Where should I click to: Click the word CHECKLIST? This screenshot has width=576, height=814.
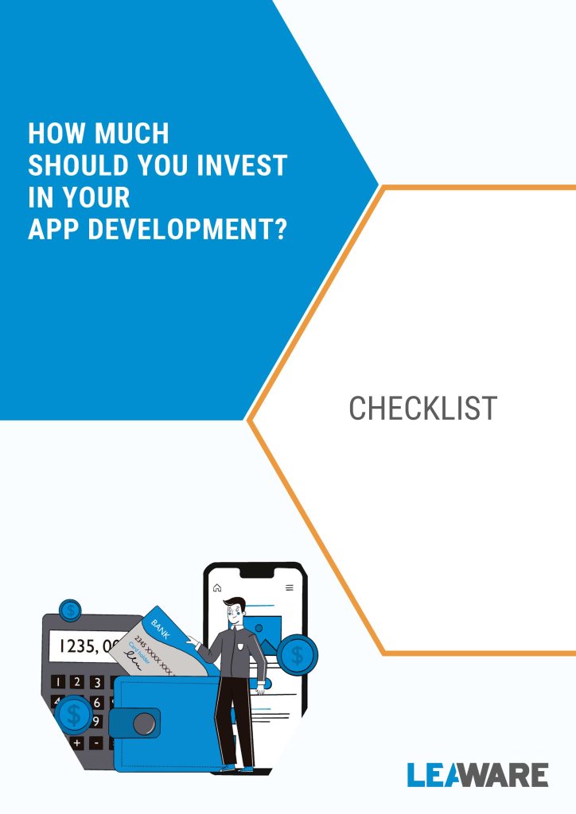point(422,408)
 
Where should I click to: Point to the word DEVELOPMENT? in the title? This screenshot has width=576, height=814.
point(188,229)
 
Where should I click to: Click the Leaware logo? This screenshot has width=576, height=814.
point(478,774)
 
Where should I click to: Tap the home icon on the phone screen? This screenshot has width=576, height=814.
point(217,587)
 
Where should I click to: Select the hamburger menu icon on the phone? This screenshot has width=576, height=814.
point(290,587)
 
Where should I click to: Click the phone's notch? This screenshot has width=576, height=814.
point(257,572)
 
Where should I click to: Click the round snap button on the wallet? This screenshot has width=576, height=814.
point(144,723)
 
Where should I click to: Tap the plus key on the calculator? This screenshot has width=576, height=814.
point(77,743)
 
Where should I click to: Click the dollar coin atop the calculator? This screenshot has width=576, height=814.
point(70,610)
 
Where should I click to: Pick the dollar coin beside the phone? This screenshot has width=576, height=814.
point(297,655)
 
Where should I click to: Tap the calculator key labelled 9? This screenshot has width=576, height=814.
point(96,721)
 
